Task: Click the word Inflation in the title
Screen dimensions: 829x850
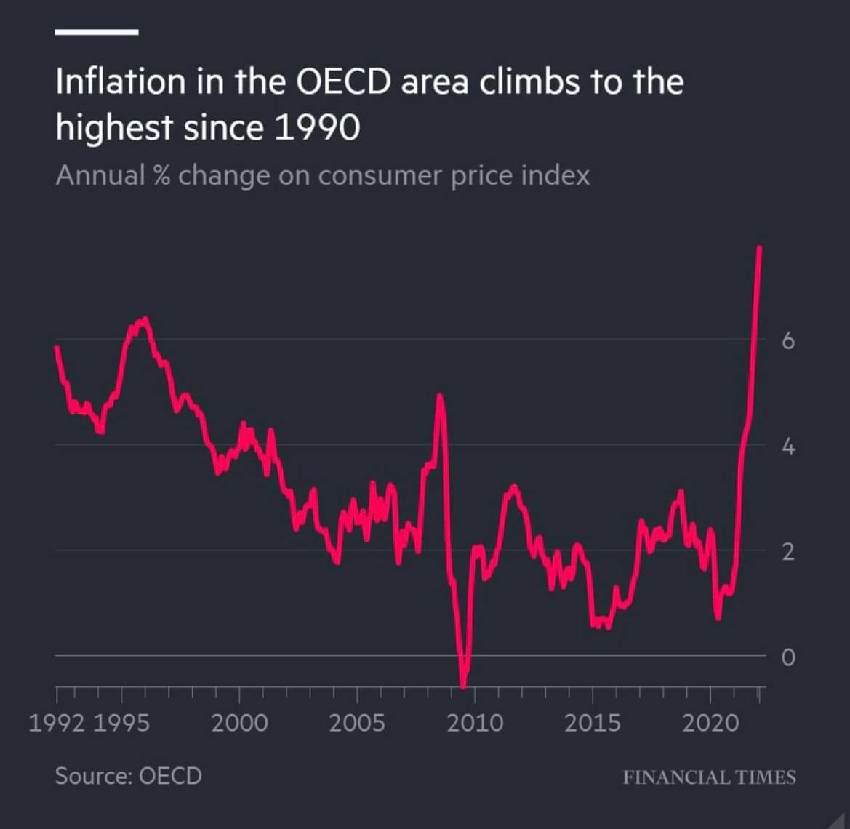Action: click(x=121, y=81)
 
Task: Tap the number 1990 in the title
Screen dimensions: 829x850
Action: click(x=317, y=128)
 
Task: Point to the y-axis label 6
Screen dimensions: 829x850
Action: click(x=788, y=340)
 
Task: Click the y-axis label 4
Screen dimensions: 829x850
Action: click(x=788, y=446)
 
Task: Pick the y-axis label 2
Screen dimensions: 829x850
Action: click(x=788, y=552)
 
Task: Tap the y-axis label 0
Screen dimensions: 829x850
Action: click(x=788, y=657)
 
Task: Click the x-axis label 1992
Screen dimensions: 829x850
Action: click(x=56, y=723)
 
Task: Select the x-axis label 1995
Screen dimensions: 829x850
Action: click(x=121, y=723)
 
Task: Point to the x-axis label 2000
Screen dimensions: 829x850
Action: click(x=239, y=723)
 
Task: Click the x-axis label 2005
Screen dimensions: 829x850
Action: click(x=357, y=723)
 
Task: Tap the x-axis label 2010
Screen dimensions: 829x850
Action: click(x=475, y=723)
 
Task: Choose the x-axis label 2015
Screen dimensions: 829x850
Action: click(x=593, y=723)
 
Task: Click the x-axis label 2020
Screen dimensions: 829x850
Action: click(x=710, y=723)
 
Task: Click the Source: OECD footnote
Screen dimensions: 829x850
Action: click(x=129, y=776)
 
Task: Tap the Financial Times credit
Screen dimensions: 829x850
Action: click(x=709, y=777)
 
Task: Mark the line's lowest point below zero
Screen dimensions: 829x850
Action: click(x=463, y=684)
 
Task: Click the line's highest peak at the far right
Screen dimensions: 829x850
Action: click(x=759, y=249)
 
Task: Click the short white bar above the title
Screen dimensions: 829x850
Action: click(x=97, y=32)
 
